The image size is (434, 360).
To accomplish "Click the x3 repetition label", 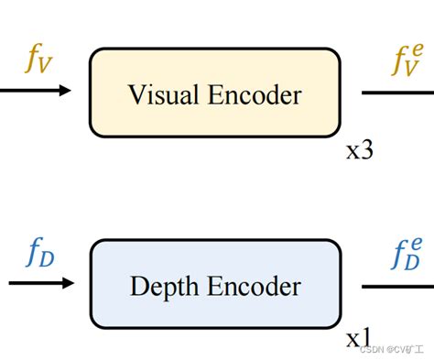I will [x=359, y=150].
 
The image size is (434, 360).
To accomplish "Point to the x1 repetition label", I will [x=359, y=338].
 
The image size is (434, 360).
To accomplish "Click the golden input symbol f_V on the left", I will [x=38, y=63].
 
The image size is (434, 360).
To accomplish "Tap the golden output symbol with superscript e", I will [x=406, y=62].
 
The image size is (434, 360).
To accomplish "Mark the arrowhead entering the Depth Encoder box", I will [x=66, y=283].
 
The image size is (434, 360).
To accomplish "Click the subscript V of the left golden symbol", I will [x=46, y=70].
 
